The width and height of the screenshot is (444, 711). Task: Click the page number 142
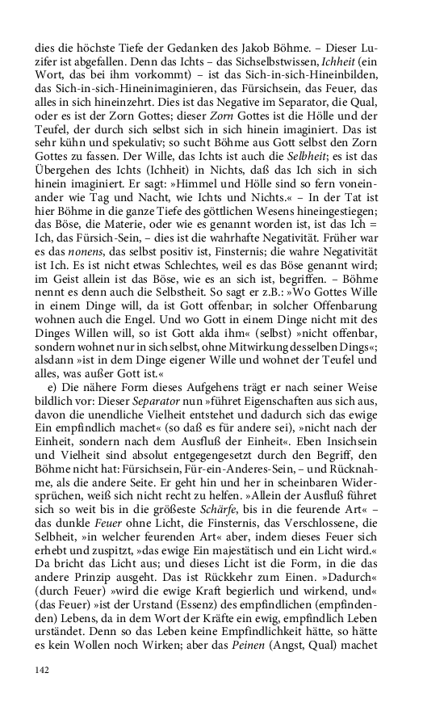pos(43,670)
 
